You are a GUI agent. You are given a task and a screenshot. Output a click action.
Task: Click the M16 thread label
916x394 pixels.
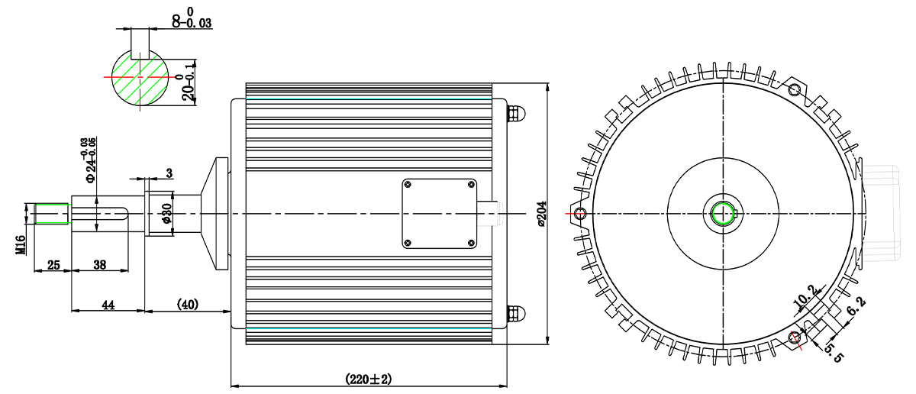[x=21, y=245]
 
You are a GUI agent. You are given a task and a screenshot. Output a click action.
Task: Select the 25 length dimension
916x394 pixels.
[x=53, y=265]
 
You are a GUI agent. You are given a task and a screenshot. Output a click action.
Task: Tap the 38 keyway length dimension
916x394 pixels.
[x=100, y=265]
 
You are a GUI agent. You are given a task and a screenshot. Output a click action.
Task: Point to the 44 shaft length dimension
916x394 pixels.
[x=108, y=305]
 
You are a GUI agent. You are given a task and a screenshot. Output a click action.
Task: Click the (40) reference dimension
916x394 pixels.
[x=188, y=305]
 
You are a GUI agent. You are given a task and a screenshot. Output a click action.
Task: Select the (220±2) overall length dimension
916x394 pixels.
[x=369, y=379]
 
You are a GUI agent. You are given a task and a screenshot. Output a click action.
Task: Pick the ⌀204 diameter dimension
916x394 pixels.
[x=541, y=214]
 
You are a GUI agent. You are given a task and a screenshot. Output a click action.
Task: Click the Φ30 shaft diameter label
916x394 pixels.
[x=167, y=214]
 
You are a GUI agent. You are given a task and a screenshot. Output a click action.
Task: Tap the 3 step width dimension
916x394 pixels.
[x=169, y=173]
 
